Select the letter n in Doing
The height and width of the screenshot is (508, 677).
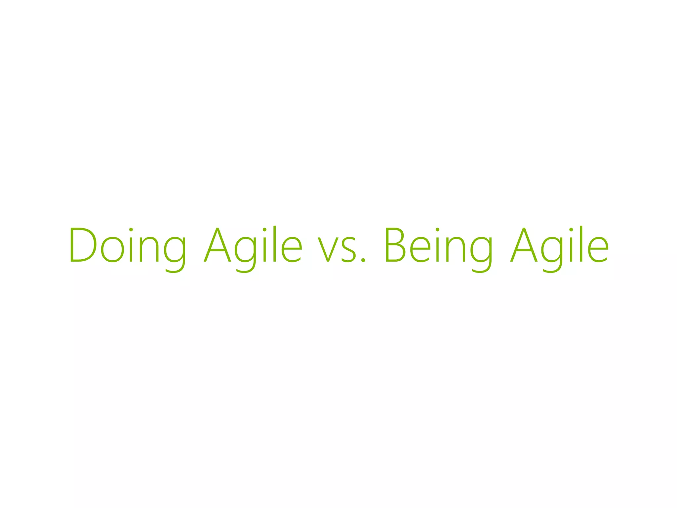click(150, 250)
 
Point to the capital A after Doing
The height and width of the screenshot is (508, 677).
click(217, 245)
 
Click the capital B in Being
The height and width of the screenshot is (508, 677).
click(395, 245)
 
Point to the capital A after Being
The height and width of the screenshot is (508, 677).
click(524, 245)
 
